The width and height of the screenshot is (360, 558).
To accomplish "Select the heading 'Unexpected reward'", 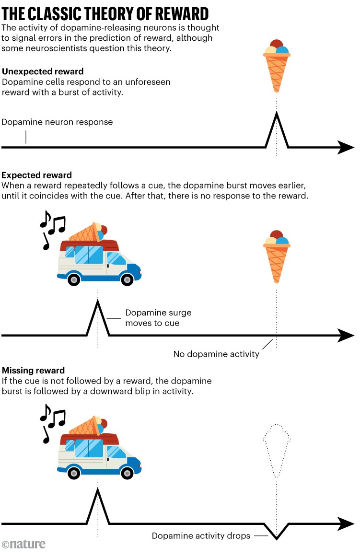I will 43,72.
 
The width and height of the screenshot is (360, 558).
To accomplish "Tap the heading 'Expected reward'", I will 37,175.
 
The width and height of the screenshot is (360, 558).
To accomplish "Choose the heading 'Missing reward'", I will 34,371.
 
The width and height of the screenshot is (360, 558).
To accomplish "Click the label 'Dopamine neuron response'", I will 57,122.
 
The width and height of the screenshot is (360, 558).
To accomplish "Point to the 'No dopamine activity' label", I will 216,354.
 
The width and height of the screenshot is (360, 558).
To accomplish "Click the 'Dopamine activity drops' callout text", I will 201,536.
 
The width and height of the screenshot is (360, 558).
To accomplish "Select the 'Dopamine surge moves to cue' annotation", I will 151,318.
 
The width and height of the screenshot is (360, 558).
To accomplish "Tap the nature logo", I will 23,544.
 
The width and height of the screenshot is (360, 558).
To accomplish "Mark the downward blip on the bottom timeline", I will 277,533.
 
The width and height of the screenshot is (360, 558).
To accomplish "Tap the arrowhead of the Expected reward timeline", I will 346,336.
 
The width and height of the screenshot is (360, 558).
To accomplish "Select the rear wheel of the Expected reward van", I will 74,279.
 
